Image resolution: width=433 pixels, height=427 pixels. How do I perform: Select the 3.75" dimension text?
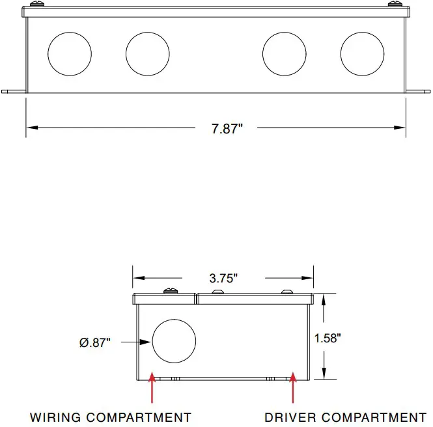(223, 278)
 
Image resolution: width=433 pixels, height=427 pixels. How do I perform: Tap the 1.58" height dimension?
(328, 338)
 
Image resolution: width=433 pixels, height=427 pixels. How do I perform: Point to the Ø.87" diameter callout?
(95, 342)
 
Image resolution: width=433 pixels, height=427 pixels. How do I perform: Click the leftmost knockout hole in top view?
(70, 54)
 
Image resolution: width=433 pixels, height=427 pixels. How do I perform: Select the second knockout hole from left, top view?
(148, 54)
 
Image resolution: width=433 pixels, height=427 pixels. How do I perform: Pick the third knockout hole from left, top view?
(285, 54)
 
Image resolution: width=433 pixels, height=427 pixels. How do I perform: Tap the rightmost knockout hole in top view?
(362, 54)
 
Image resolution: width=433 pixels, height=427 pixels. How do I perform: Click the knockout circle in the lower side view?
(174, 341)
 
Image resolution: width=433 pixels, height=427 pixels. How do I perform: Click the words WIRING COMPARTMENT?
(111, 417)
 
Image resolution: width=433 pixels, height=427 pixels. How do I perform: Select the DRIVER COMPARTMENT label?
(345, 417)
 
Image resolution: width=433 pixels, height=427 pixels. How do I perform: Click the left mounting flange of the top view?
(14, 91)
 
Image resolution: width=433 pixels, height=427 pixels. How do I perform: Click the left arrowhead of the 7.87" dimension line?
(33, 128)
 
